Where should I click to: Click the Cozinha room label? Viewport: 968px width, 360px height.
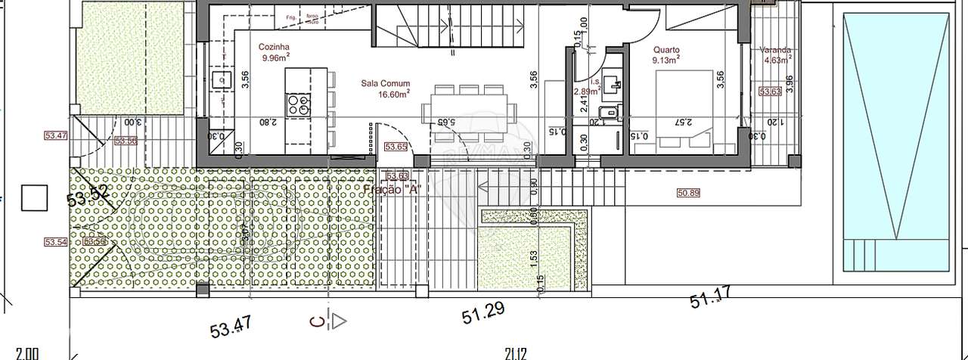272,46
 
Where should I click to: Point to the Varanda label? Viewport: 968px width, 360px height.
774,50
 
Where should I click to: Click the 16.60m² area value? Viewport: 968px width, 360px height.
394,95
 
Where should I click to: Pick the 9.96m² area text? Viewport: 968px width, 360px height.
276,57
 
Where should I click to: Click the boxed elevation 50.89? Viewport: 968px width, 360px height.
688,193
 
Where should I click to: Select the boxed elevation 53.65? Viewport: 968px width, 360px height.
396,147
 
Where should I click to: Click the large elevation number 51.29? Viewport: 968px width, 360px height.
483,312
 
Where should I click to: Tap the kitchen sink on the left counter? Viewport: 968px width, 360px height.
222,79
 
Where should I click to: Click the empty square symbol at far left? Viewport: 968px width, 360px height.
34,198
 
